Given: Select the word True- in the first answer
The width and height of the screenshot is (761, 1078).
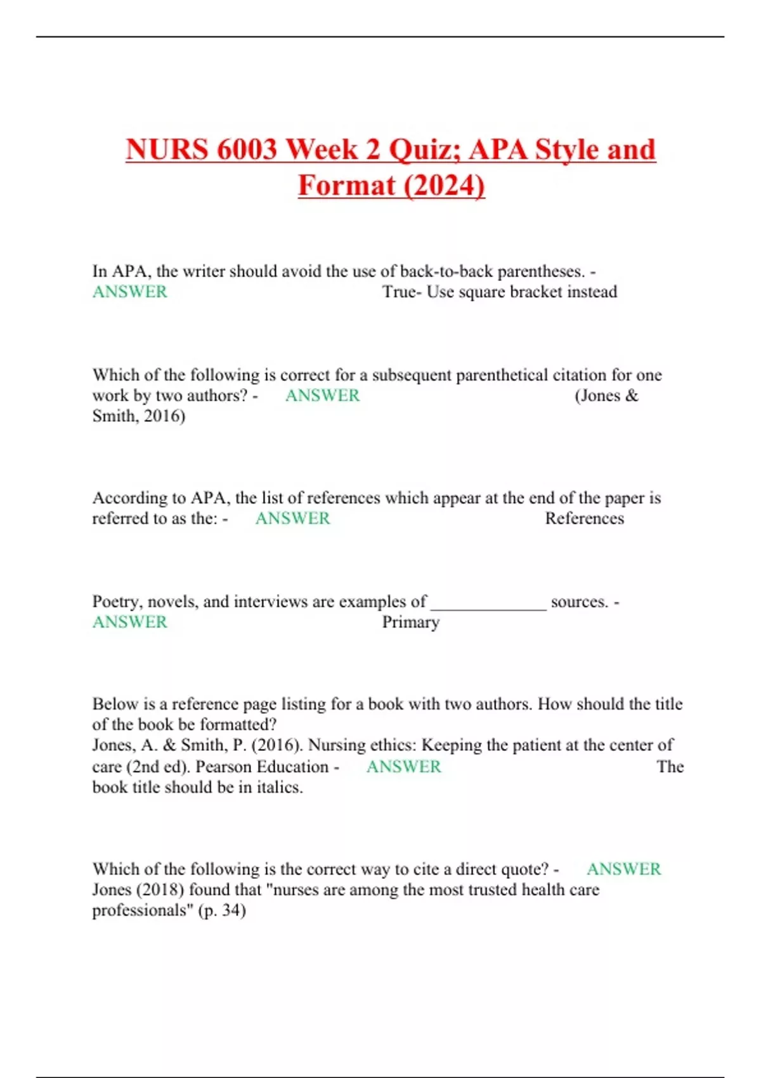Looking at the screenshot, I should (402, 292).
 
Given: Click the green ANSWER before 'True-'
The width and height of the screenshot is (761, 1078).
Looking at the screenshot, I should (130, 292).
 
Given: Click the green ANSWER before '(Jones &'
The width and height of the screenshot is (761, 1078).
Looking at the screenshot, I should (322, 395).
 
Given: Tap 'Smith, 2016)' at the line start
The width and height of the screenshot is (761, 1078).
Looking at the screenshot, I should (139, 416).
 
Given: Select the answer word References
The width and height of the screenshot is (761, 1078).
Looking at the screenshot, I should (584, 518).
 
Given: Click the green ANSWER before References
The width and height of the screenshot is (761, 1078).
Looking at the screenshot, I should (292, 518).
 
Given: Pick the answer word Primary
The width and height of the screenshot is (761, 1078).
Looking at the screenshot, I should (410, 622).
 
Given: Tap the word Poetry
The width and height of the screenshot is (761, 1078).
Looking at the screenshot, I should (117, 601).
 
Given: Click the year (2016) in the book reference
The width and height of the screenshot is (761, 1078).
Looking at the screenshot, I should (276, 745).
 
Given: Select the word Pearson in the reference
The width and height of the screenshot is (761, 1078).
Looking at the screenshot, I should (221, 767).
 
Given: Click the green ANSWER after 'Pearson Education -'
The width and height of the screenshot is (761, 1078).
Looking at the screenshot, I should (403, 767).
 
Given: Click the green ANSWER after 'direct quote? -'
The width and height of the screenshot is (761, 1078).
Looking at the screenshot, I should (623, 869).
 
